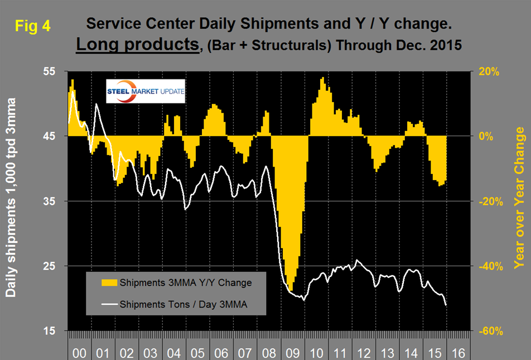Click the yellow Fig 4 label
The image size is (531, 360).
[x=32, y=26]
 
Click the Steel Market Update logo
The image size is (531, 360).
[x=145, y=91]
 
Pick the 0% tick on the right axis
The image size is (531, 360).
[x=487, y=137]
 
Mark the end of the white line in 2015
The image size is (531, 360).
[x=447, y=305]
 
